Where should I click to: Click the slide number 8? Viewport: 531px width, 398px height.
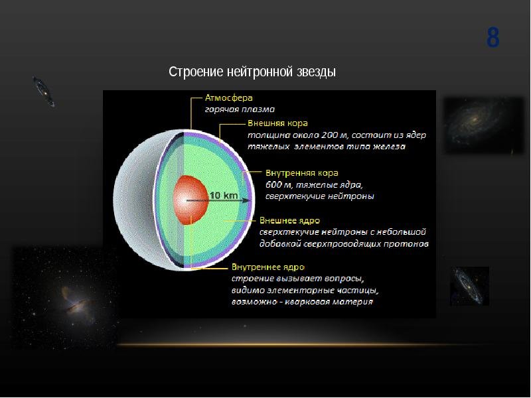point(493,38)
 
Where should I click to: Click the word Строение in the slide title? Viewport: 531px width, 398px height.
point(196,72)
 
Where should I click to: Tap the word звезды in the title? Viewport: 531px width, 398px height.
point(317,72)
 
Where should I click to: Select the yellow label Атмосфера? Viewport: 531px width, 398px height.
point(229,98)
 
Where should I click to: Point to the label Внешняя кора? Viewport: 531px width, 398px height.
point(277,123)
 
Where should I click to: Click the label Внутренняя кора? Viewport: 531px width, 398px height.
point(302,173)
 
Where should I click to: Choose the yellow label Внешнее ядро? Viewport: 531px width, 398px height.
point(289,221)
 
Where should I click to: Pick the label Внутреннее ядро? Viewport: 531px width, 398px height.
point(268,267)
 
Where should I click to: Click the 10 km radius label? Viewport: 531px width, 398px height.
point(224,195)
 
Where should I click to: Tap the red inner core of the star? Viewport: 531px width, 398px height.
point(190,200)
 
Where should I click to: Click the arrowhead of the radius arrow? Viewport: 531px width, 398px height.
point(246,201)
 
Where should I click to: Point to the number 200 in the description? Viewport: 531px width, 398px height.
point(329,135)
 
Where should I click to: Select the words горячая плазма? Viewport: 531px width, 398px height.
point(240,109)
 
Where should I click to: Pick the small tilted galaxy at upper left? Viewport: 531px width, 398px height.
point(44,92)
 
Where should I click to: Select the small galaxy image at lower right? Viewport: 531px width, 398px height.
point(469,286)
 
